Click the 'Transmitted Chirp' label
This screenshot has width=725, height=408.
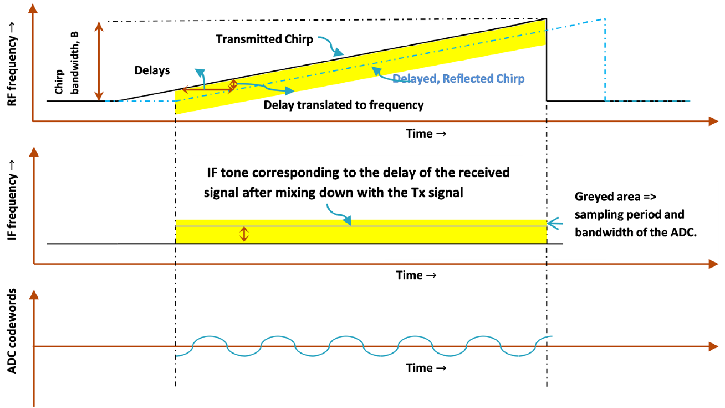[264, 39]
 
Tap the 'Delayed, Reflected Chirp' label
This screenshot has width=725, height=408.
[458, 79]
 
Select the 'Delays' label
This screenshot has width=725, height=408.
[152, 71]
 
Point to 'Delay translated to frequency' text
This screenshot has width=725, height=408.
[344, 105]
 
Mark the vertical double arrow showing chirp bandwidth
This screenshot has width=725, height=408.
[99, 61]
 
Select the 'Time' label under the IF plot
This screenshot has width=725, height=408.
[416, 275]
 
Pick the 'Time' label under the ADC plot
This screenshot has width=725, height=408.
[426, 367]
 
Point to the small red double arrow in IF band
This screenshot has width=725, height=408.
[244, 234]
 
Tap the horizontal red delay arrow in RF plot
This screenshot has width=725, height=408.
[207, 89]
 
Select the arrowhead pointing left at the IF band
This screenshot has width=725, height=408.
[552, 224]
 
